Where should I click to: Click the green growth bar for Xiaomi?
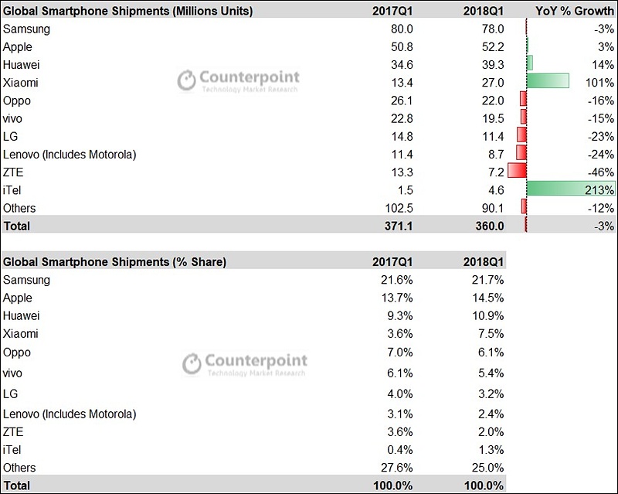click(548, 81)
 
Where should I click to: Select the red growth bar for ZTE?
click(517, 170)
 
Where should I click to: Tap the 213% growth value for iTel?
click(599, 190)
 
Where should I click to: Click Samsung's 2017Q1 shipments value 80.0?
click(402, 29)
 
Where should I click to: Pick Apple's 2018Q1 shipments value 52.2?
click(493, 47)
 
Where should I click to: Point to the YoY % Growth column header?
click(574, 11)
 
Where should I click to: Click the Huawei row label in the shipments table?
click(22, 65)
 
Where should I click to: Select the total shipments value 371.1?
click(399, 226)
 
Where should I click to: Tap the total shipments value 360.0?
click(490, 226)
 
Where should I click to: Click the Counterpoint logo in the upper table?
click(238, 80)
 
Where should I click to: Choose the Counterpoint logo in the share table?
click(244, 364)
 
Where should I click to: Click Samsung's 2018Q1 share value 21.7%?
click(488, 280)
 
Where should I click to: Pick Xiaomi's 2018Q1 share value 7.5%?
click(491, 334)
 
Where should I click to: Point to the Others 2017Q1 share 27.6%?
click(397, 468)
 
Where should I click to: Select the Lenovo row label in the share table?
click(70, 414)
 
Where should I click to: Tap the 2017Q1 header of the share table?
click(392, 262)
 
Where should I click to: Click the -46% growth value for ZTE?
click(601, 172)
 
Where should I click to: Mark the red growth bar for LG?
click(522, 135)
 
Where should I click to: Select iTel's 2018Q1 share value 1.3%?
click(491, 450)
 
